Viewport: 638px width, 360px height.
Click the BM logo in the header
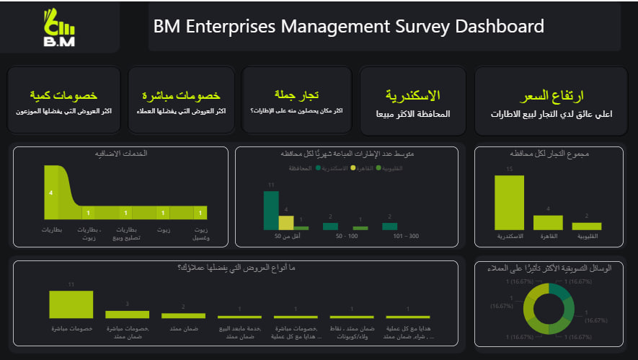coord(59,27)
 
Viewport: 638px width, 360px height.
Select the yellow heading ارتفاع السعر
coord(551,95)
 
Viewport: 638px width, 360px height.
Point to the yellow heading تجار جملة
coord(296,95)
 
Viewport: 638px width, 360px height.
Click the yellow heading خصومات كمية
coord(63,95)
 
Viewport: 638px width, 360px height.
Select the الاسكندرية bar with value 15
coord(509,202)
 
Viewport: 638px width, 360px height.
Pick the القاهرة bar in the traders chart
coord(547,222)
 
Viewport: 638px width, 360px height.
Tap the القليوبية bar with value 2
coord(586,226)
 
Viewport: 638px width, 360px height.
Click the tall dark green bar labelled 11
coord(271,210)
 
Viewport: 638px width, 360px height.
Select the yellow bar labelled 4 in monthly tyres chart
coord(286,222)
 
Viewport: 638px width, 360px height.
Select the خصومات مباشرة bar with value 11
coord(71,304)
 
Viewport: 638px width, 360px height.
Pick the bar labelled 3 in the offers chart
coord(127,314)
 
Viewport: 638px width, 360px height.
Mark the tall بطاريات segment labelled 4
coord(51,193)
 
